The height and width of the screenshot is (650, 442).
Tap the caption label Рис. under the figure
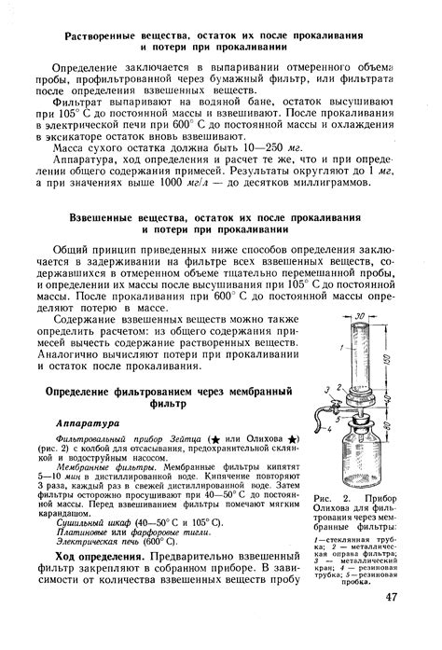[x=325, y=499]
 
